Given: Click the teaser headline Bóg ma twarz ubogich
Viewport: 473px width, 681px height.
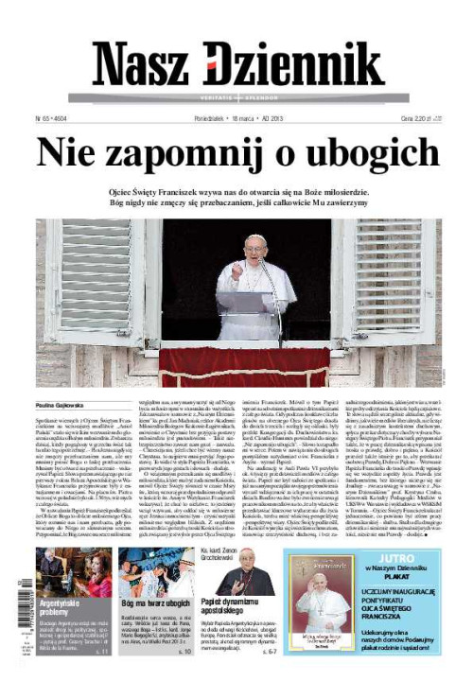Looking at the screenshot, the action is tap(157, 603).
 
